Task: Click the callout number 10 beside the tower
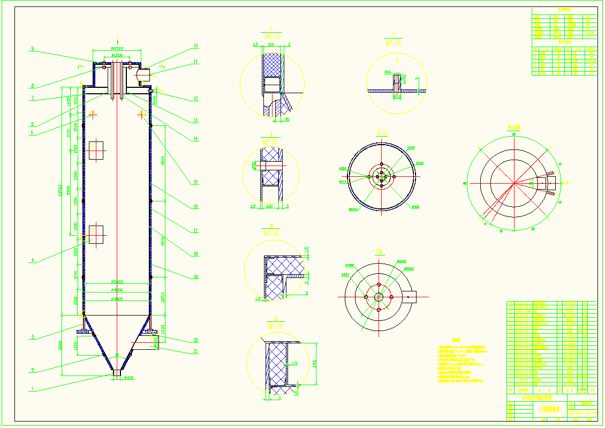tap(195, 46)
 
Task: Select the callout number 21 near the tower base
tap(195, 351)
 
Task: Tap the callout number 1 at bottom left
tap(32, 389)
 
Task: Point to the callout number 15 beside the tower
tap(195, 183)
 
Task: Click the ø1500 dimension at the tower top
tap(117, 55)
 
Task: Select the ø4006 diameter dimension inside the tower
tap(117, 290)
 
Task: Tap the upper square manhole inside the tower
tap(96, 151)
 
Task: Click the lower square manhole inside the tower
tap(96, 235)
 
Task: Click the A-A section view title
tap(381, 132)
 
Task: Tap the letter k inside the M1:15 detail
tap(397, 62)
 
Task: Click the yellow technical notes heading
tap(457, 340)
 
